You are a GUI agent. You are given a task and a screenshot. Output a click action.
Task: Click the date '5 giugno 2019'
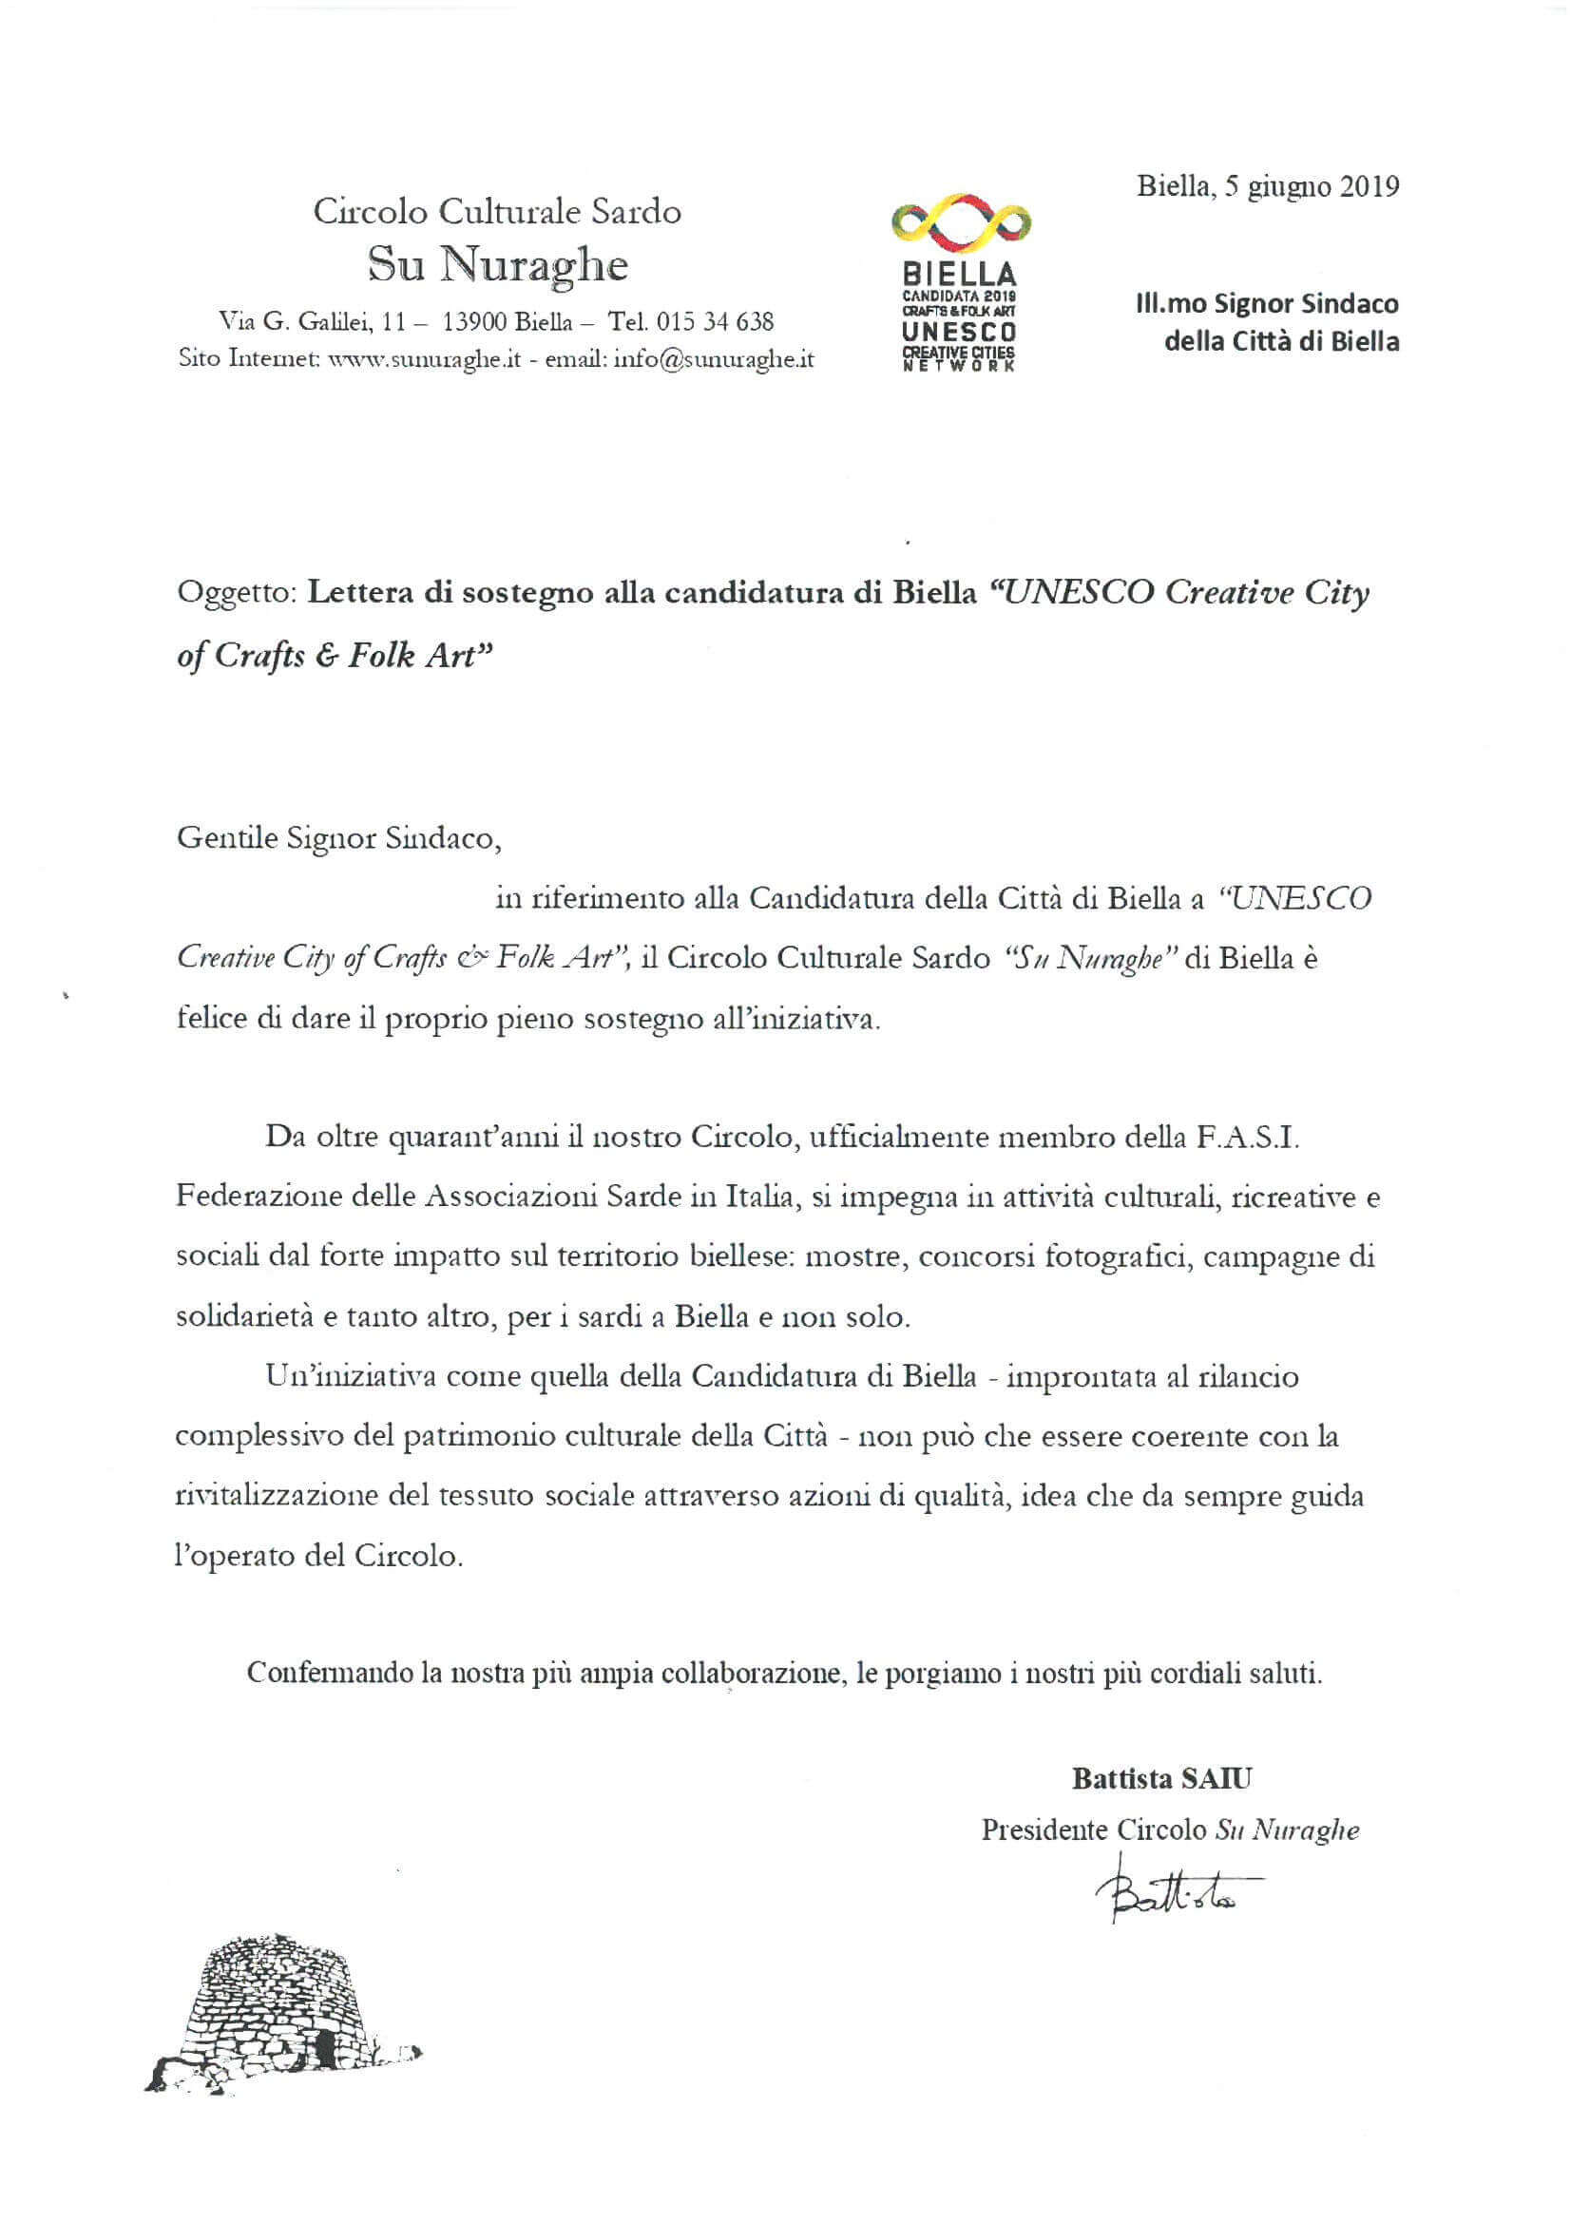(1312, 187)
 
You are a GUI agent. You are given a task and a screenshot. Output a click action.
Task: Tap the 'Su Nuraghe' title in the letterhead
(498, 265)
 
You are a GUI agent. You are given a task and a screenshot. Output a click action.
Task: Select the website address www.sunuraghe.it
(426, 360)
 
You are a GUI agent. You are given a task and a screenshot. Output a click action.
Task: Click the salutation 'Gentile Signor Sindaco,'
(338, 837)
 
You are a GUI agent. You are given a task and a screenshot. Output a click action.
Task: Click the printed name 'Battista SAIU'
(1161, 1778)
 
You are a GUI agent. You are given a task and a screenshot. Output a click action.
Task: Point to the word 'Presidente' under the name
(1044, 1830)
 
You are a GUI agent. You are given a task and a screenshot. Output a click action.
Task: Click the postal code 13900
(474, 321)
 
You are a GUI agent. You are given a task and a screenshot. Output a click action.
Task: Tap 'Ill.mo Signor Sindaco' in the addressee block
(1267, 304)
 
